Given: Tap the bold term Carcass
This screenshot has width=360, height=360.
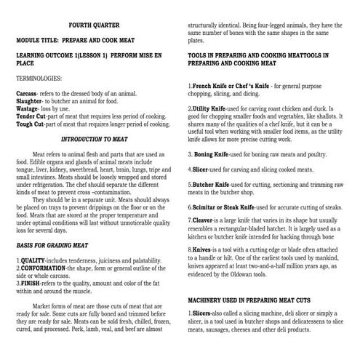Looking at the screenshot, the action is (27, 94).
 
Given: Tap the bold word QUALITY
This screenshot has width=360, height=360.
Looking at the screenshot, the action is (33, 260).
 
